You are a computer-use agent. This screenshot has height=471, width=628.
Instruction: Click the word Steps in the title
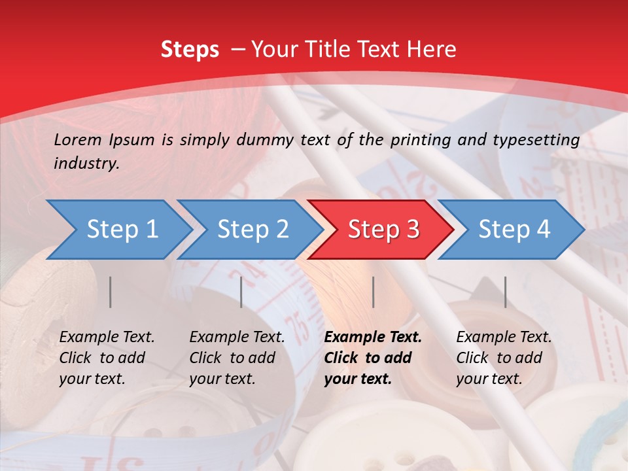[x=190, y=50]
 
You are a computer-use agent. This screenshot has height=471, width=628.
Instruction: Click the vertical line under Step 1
[x=111, y=292]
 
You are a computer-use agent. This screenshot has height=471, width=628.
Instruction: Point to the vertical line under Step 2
[x=241, y=292]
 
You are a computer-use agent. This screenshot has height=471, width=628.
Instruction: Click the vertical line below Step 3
[x=373, y=292]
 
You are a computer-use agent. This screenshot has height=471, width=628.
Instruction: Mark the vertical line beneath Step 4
[x=505, y=292]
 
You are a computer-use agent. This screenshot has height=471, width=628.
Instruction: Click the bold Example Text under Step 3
[x=373, y=338]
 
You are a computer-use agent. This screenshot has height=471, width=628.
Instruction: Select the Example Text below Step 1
[x=107, y=338]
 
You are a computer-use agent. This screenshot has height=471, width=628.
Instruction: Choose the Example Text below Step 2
[x=237, y=338]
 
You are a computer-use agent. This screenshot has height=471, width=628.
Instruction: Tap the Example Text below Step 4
[x=504, y=338]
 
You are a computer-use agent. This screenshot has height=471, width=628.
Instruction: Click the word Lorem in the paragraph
[x=77, y=139]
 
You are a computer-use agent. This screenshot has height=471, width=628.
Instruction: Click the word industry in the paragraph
[x=86, y=164]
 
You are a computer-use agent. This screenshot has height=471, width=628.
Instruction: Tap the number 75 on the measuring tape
[x=296, y=326]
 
